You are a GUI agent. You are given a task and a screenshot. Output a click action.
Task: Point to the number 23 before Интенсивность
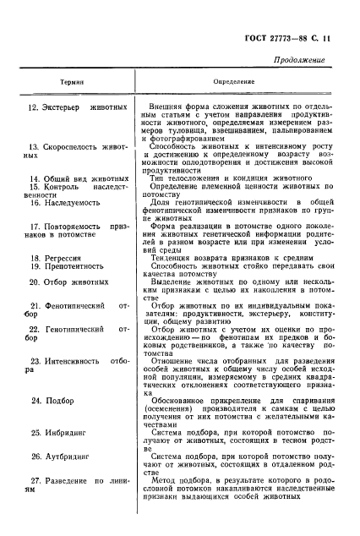[35, 361]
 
